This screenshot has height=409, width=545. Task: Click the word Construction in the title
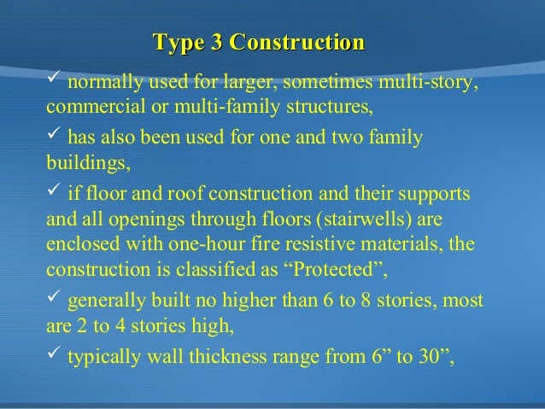coord(297,41)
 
